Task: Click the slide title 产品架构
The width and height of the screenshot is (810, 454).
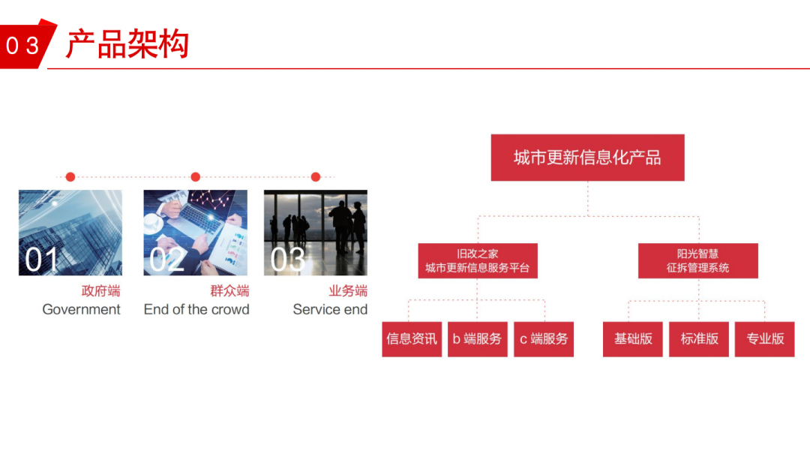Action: (x=127, y=44)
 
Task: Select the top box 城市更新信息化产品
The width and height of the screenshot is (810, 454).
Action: (x=587, y=158)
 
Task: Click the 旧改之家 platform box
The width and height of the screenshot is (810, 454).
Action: (x=477, y=260)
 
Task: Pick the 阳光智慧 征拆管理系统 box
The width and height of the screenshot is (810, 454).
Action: (x=698, y=260)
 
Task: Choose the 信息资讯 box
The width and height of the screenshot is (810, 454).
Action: (x=412, y=339)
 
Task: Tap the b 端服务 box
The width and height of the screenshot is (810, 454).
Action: (x=477, y=339)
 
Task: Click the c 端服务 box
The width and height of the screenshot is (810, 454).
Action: (x=544, y=339)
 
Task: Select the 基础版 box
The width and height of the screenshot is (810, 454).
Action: (x=633, y=339)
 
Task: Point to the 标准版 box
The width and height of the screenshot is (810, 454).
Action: (x=699, y=339)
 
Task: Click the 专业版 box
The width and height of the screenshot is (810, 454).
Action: (x=764, y=339)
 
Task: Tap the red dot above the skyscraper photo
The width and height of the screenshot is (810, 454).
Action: (x=70, y=177)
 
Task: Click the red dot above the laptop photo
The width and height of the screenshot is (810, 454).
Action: (x=195, y=177)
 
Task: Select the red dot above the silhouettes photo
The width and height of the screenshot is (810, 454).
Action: (x=316, y=177)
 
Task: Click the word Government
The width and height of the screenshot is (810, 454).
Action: (x=81, y=309)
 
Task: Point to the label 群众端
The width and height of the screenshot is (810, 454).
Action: (x=230, y=290)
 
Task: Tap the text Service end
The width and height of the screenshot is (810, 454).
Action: (x=330, y=309)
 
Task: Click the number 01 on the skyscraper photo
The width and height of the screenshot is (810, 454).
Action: (x=41, y=259)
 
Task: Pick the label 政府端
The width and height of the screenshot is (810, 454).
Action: (x=100, y=290)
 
